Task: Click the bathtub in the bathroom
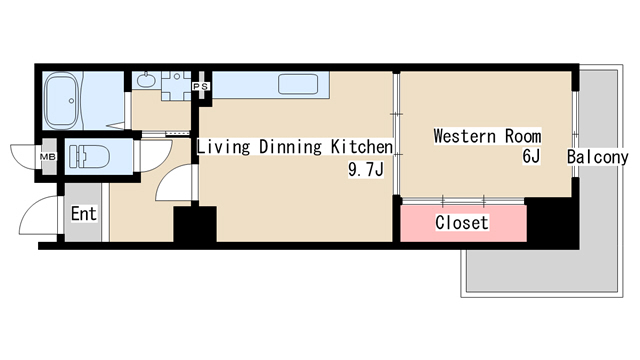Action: [61, 101]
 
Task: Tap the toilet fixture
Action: [89, 157]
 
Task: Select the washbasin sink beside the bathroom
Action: [146, 80]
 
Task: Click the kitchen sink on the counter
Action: [298, 84]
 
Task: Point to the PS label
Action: [201, 87]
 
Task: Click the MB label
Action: [48, 157]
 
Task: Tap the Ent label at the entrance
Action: [84, 213]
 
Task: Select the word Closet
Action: [462, 223]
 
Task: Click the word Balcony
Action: [598, 157]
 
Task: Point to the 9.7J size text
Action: [366, 169]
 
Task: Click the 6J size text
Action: [531, 156]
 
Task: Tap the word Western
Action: [465, 136]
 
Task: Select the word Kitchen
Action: [362, 147]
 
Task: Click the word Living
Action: [223, 147]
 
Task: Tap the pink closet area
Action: [463, 223]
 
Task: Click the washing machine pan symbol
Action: [176, 86]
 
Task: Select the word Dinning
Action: [290, 147]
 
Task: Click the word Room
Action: [523, 136]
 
